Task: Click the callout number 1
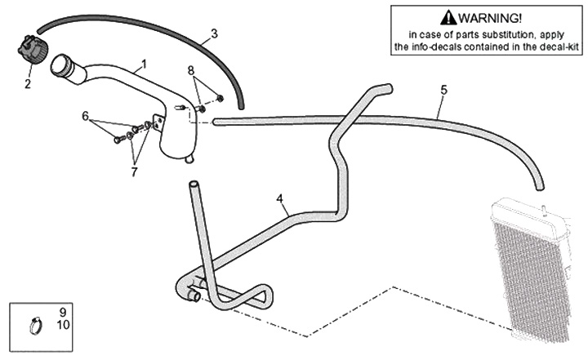[x=145, y=64]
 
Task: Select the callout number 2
[x=27, y=83]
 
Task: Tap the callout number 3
[x=214, y=34]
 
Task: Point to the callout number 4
[x=279, y=198]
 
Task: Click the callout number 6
[x=85, y=117]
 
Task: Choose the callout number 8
[x=191, y=70]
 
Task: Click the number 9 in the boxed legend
[x=62, y=312]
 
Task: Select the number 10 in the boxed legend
[x=64, y=326]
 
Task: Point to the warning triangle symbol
[x=447, y=18]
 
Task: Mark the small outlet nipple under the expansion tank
[x=189, y=158]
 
